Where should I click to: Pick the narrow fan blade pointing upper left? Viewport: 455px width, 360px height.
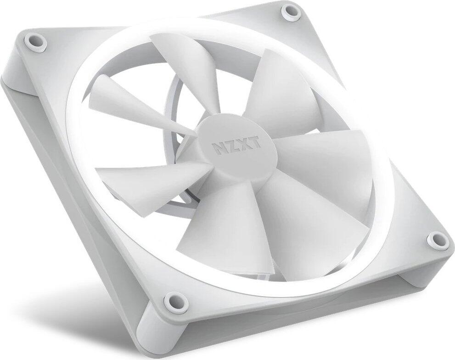coord(119,96)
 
